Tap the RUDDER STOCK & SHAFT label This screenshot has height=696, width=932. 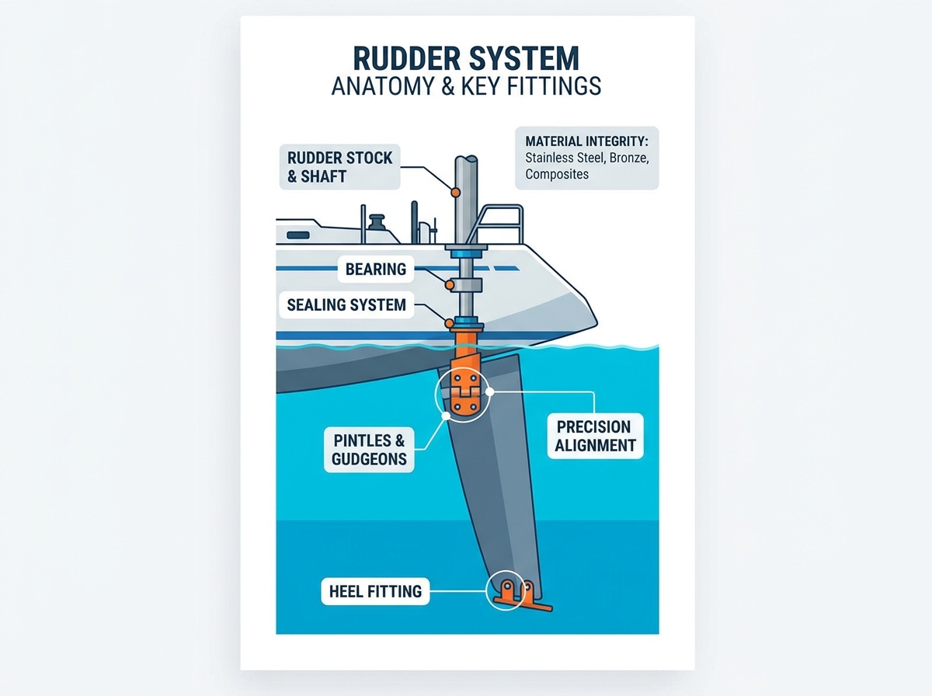tap(339, 167)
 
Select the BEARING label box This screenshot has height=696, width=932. tap(376, 270)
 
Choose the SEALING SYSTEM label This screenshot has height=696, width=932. tap(346, 305)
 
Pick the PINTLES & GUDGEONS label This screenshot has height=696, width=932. tap(369, 450)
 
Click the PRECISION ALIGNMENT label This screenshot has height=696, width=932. tap(595, 436)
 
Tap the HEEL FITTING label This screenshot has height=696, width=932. tap(375, 591)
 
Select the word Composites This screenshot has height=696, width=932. tap(557, 174)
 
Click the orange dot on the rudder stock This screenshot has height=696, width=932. tap(456, 193)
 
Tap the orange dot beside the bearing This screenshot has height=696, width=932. tap(449, 285)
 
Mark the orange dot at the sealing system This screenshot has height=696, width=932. tap(449, 324)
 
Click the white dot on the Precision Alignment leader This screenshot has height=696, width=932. tap(489, 392)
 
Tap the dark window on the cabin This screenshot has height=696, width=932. tap(298, 235)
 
